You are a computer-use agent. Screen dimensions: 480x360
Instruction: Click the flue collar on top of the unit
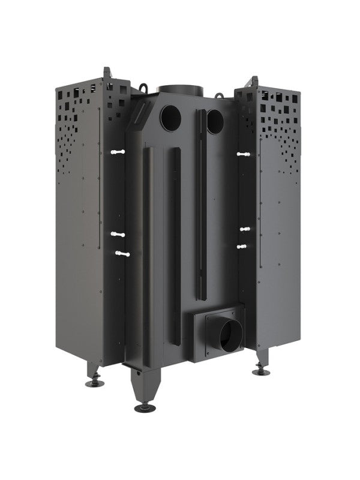[x=178, y=89]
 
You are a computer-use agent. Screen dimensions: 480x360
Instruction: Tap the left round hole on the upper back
[x=170, y=118]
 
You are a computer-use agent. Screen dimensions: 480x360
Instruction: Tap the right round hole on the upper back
[x=214, y=122]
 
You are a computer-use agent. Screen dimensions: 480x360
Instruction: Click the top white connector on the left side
[x=118, y=152]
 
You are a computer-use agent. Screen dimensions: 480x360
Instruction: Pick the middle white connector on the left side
[x=118, y=233]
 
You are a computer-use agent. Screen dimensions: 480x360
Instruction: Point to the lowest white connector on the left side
[x=122, y=254]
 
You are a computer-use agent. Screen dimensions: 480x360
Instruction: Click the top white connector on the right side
[x=243, y=154]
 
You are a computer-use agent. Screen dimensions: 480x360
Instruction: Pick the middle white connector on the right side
[x=245, y=229]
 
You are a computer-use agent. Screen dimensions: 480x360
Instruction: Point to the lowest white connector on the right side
[x=242, y=246]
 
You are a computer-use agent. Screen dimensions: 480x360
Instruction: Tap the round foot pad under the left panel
[x=94, y=382]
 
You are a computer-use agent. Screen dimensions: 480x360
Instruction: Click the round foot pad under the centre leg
[x=145, y=408]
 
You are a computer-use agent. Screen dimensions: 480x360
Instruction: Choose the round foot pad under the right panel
[x=260, y=371]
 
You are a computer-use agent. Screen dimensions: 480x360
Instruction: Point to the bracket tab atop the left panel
[x=108, y=74]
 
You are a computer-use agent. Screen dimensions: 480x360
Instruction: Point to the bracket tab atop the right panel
[x=254, y=81]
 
